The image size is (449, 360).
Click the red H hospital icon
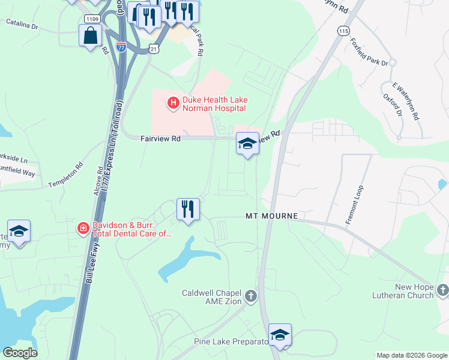(173, 104)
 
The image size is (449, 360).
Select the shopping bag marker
(90, 36)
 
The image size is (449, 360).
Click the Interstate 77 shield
(121, 47)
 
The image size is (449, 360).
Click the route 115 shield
(343, 31)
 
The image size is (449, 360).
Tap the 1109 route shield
(92, 19)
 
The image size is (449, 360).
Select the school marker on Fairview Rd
(247, 144)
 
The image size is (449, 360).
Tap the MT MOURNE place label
(271, 215)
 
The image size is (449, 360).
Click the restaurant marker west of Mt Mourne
(188, 210)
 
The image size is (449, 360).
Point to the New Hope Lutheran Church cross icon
(442, 291)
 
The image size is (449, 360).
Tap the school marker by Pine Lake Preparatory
(279, 335)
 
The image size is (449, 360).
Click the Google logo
(20, 352)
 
